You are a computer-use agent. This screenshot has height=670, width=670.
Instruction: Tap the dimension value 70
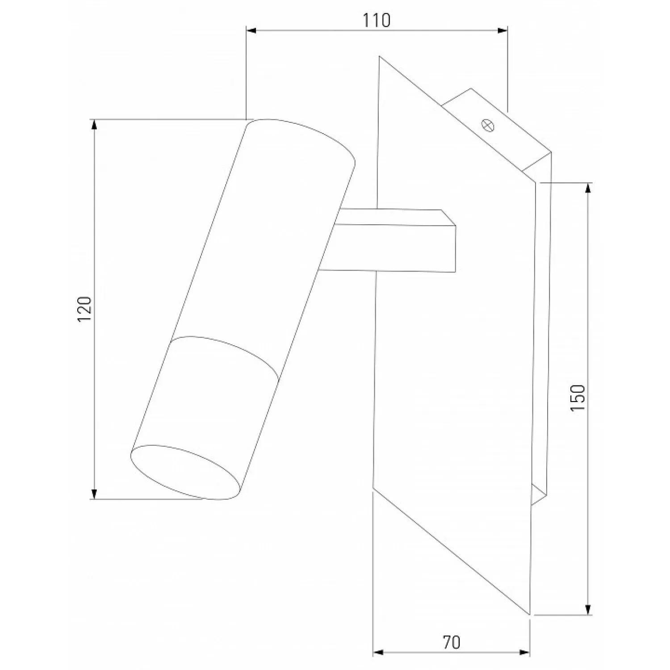[452, 642]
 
